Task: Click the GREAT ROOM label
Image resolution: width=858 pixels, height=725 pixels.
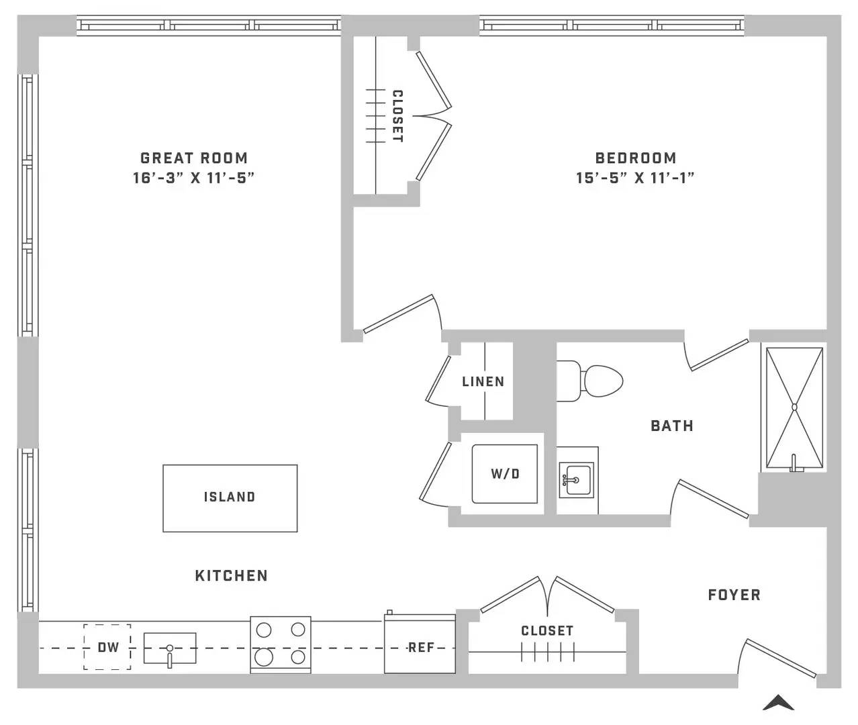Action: pyautogui.click(x=194, y=158)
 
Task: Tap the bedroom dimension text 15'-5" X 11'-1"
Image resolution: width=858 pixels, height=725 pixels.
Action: pyautogui.click(x=635, y=178)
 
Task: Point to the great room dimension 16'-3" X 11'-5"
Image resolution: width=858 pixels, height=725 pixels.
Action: pyautogui.click(x=194, y=178)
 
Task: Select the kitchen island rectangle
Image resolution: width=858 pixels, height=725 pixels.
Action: pyautogui.click(x=230, y=498)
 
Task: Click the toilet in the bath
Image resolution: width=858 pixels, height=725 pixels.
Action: pyautogui.click(x=589, y=381)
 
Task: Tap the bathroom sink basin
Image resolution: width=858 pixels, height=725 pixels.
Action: pyautogui.click(x=576, y=479)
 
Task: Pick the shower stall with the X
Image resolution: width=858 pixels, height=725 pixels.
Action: pyautogui.click(x=794, y=407)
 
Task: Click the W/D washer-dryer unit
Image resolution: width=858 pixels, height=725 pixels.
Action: pyautogui.click(x=505, y=473)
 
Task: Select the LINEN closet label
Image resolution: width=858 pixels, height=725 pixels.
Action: pyautogui.click(x=483, y=381)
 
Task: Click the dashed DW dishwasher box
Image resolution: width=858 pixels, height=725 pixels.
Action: pyautogui.click(x=107, y=647)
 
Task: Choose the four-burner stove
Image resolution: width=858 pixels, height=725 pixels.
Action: pyautogui.click(x=281, y=644)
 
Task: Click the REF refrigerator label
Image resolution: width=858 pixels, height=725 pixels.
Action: pyautogui.click(x=421, y=648)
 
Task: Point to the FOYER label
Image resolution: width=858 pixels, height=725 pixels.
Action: pyautogui.click(x=734, y=595)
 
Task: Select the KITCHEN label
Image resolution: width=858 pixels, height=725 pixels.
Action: pyautogui.click(x=232, y=576)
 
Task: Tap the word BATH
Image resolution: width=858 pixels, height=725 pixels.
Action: pyautogui.click(x=672, y=426)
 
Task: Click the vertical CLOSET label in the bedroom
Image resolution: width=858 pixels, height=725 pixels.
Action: pyautogui.click(x=397, y=116)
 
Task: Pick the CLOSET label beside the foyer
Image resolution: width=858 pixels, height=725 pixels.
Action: pyautogui.click(x=547, y=630)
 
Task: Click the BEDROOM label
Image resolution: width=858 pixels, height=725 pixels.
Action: pyautogui.click(x=636, y=158)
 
